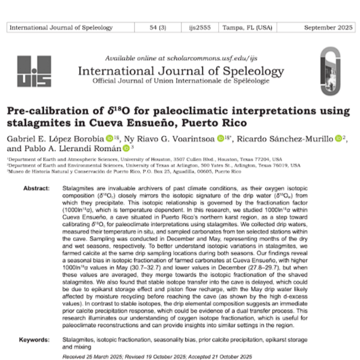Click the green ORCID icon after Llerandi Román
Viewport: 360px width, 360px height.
[x=126, y=148]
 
